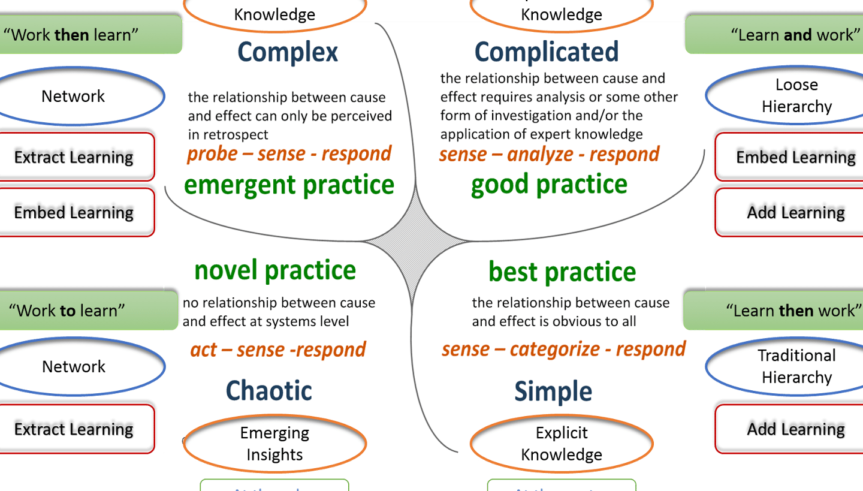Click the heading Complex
pyautogui.click(x=288, y=53)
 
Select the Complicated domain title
pyautogui.click(x=546, y=52)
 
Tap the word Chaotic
pyautogui.click(x=268, y=391)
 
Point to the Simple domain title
pyautogui.click(x=553, y=392)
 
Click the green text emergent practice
pyautogui.click(x=289, y=185)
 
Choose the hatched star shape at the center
pyautogui.click(x=417, y=241)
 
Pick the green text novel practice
pyautogui.click(x=275, y=270)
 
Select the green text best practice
pyautogui.click(x=562, y=272)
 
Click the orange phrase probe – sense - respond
pyautogui.click(x=289, y=153)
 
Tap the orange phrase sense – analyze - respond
pyautogui.click(x=549, y=154)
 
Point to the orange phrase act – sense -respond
pyautogui.click(x=278, y=350)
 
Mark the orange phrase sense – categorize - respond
pyautogui.click(x=563, y=349)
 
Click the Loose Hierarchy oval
pyautogui.click(x=796, y=96)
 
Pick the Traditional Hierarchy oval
pyautogui.click(x=796, y=366)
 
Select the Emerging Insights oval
pyautogui.click(x=274, y=444)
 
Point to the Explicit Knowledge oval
pyautogui.click(x=562, y=444)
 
